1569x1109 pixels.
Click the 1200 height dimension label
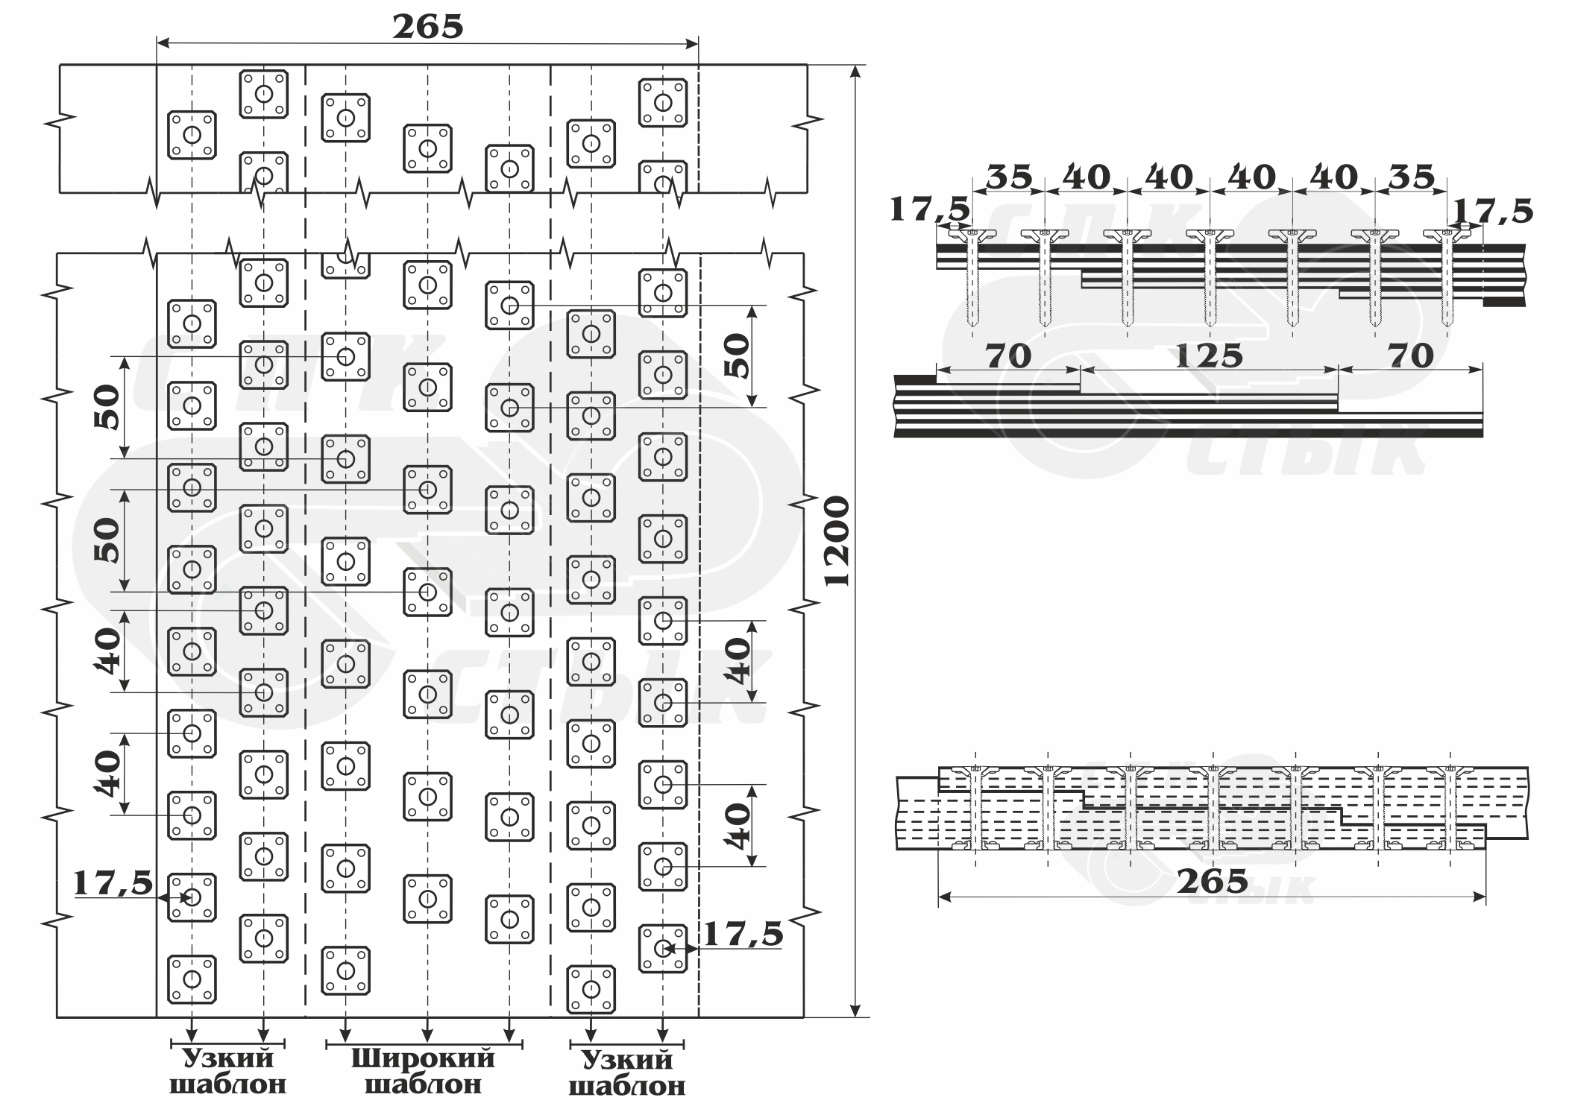[x=838, y=541]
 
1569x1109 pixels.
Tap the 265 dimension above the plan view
[x=428, y=27]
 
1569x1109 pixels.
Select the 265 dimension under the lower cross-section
[x=1213, y=882]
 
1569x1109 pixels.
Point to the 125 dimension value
[x=1209, y=356]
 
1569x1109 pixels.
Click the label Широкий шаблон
[x=423, y=1070]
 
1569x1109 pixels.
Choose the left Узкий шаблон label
[x=228, y=1070]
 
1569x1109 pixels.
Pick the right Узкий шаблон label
[x=627, y=1072]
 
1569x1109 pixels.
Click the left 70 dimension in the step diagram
[x=1008, y=356]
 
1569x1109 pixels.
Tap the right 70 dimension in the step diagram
[x=1411, y=356]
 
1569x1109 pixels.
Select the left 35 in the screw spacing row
[x=1010, y=177]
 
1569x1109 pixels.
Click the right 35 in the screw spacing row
[x=1412, y=177]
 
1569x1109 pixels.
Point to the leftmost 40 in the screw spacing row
[x=1087, y=177]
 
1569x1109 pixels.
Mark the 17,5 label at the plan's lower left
[x=113, y=884]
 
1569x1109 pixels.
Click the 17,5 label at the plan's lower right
[x=743, y=934]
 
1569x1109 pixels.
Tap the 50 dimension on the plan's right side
[x=737, y=356]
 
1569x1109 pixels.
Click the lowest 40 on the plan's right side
[x=738, y=825]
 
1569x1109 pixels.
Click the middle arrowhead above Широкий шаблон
[x=427, y=1035]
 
